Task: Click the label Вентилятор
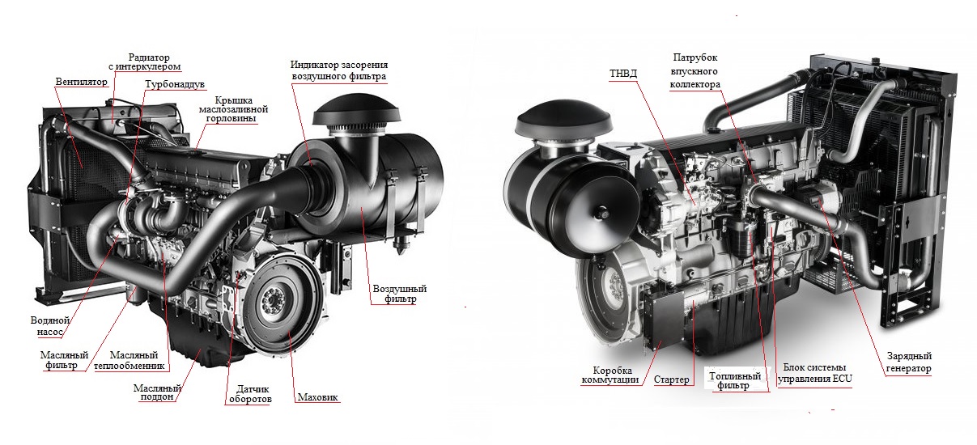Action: pyautogui.click(x=81, y=82)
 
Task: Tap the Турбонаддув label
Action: pyautogui.click(x=173, y=84)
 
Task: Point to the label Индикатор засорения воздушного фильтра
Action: pyautogui.click(x=339, y=70)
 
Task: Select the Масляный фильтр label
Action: pyautogui.click(x=61, y=359)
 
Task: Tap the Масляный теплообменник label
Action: pyautogui.click(x=134, y=361)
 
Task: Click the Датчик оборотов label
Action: pyautogui.click(x=247, y=393)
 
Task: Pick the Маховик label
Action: pyautogui.click(x=318, y=397)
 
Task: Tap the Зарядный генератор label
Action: pyautogui.click(x=908, y=362)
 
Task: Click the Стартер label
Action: pyautogui.click(x=671, y=379)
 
